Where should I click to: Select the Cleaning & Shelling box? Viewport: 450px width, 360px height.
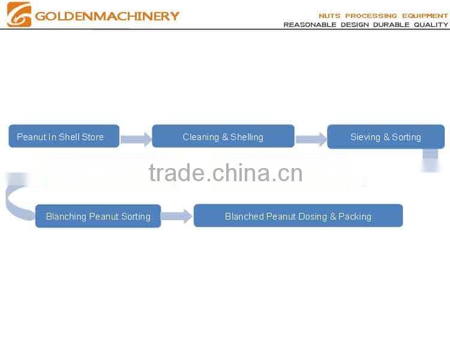[x=223, y=136]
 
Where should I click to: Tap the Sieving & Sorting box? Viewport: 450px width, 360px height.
[x=385, y=136]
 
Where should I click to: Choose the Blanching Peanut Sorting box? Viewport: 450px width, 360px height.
[x=98, y=216]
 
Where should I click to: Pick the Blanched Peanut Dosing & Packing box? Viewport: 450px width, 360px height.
[x=298, y=216]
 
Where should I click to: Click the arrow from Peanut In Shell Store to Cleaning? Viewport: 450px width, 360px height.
[x=136, y=139]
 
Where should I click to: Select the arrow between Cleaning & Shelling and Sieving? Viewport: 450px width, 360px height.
[x=311, y=139]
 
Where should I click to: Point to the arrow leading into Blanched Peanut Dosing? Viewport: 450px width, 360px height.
[x=177, y=216]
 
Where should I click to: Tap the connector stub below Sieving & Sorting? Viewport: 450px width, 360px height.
[x=430, y=160]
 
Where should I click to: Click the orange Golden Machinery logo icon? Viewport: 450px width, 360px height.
[x=19, y=14]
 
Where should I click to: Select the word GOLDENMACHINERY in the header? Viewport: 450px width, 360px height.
[x=107, y=16]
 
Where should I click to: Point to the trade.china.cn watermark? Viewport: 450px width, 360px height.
[x=225, y=173]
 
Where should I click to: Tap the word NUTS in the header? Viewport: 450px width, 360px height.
[x=330, y=16]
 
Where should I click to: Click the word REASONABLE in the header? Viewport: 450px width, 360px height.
[x=310, y=25]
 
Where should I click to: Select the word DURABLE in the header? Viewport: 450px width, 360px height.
[x=391, y=25]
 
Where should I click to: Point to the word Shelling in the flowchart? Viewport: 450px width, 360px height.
[x=247, y=137]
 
